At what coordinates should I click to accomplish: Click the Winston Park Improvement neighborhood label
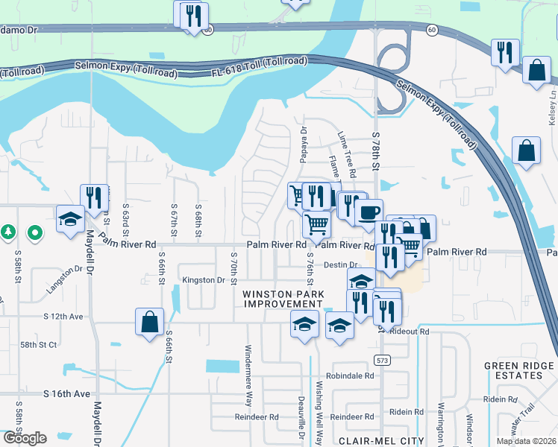tap(282, 299)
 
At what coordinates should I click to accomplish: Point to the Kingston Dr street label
tap(204, 280)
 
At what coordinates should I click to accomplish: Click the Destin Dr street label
tap(342, 265)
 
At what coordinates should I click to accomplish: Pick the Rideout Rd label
tap(410, 331)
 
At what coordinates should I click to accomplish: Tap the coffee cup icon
tap(368, 212)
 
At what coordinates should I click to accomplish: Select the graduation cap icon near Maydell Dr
tap(70, 219)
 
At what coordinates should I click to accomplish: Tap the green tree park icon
tap(8, 232)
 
